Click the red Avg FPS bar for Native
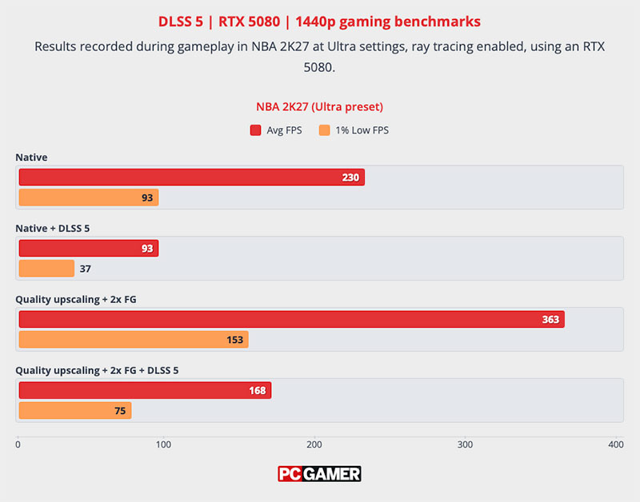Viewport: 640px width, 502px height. pyautogui.click(x=192, y=177)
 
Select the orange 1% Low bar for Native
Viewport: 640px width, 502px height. pyautogui.click(x=89, y=197)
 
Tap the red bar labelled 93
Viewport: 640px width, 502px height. pyautogui.click(x=89, y=249)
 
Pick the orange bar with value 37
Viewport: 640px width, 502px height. pyautogui.click(x=46, y=269)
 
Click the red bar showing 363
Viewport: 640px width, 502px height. pyautogui.click(x=292, y=319)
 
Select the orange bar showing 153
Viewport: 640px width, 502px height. pyautogui.click(x=134, y=339)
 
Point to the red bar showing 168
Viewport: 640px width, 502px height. pyautogui.click(x=145, y=390)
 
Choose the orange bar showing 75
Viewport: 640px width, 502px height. pyautogui.click(x=75, y=410)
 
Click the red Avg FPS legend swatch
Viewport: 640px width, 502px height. pyautogui.click(x=255, y=130)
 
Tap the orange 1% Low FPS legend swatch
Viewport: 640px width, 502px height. pyautogui.click(x=325, y=130)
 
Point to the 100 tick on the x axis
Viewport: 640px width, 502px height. pyautogui.click(x=164, y=444)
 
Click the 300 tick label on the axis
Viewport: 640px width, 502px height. pyautogui.click(x=465, y=444)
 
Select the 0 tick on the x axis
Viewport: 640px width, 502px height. pyautogui.click(x=18, y=444)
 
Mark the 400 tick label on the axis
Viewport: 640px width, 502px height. pyautogui.click(x=616, y=444)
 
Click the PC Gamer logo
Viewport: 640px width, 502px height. pyautogui.click(x=319, y=474)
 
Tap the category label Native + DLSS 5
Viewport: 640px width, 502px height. pyautogui.click(x=53, y=229)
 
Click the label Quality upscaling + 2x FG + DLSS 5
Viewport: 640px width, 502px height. pyautogui.click(x=97, y=371)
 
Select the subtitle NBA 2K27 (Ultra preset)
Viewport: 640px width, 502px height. pyautogui.click(x=319, y=107)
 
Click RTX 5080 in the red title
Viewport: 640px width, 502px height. pyautogui.click(x=250, y=22)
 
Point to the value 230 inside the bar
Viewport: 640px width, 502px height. pyautogui.click(x=350, y=177)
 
